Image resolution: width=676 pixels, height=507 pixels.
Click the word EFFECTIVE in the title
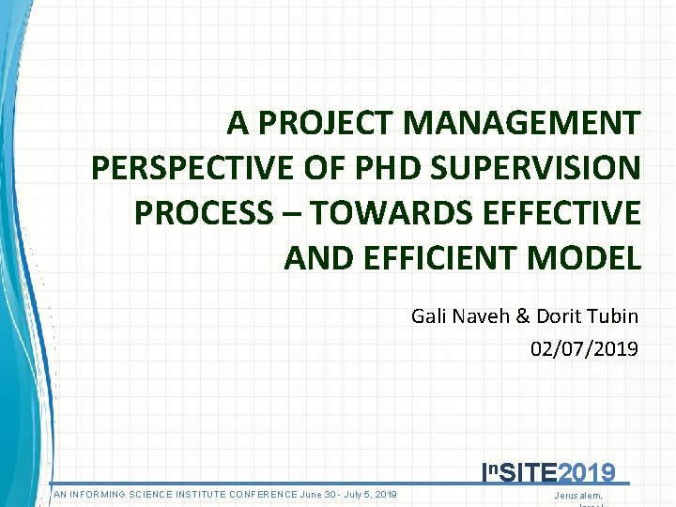pyautogui.click(x=559, y=213)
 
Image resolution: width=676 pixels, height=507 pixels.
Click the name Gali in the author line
pyautogui.click(x=428, y=316)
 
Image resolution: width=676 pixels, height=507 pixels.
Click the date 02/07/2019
pyautogui.click(x=584, y=349)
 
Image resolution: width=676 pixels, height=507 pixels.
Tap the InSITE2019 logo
pyautogui.click(x=548, y=472)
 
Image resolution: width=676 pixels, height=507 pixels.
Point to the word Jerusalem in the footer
pyautogui.click(x=578, y=495)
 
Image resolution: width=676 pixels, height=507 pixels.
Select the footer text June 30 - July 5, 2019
pyautogui.click(x=348, y=495)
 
